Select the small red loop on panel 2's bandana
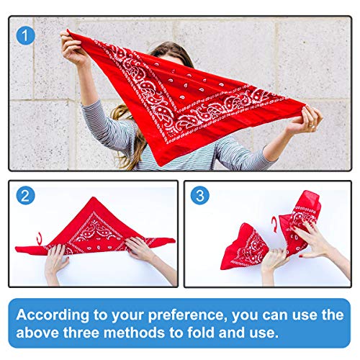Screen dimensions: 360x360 [x=40, y=238]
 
